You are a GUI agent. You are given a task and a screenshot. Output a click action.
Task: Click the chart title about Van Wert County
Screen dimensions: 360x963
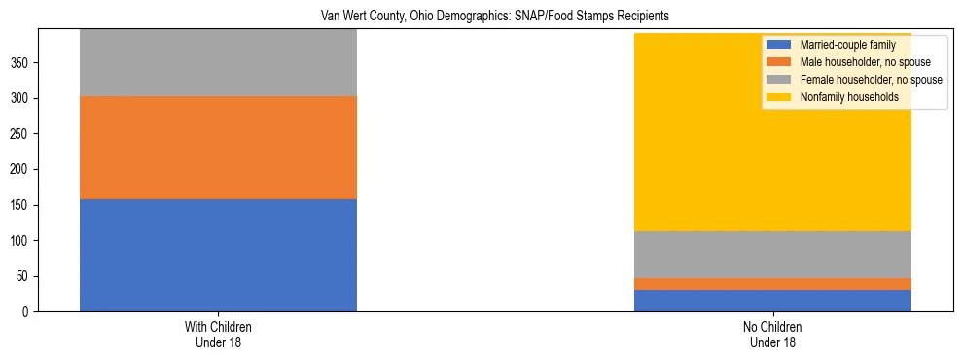pyautogui.click(x=495, y=17)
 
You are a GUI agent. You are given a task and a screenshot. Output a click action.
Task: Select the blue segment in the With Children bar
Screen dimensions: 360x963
pyautogui.click(x=218, y=255)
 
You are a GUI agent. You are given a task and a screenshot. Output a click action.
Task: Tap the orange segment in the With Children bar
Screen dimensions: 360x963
pyautogui.click(x=218, y=148)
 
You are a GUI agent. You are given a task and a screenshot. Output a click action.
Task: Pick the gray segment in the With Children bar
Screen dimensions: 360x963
pyautogui.click(x=218, y=63)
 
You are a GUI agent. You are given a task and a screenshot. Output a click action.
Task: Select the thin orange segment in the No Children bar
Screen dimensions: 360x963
pyautogui.click(x=772, y=284)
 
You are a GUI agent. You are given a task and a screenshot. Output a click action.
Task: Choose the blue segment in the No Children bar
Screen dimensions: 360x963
pyautogui.click(x=772, y=301)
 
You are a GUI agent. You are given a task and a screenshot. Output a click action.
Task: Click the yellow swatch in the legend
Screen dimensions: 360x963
pyautogui.click(x=779, y=97)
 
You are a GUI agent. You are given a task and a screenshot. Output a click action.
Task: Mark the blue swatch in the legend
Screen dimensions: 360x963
pyautogui.click(x=779, y=45)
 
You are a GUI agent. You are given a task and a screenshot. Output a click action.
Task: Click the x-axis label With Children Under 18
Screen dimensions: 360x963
pyautogui.click(x=218, y=335)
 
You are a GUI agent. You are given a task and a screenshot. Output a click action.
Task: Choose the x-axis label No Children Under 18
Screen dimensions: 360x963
pyautogui.click(x=772, y=335)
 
